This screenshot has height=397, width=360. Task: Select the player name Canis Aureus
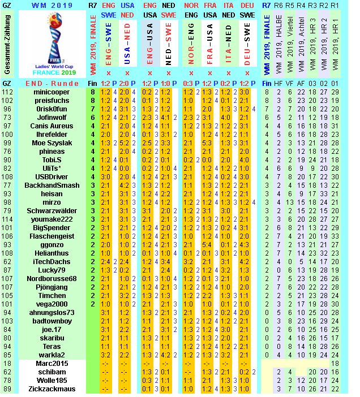pos(52,126)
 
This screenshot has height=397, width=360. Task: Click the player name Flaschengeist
pos(52,236)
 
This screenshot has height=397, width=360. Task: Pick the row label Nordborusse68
pos(52,278)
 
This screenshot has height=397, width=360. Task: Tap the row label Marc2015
pos(52,363)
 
